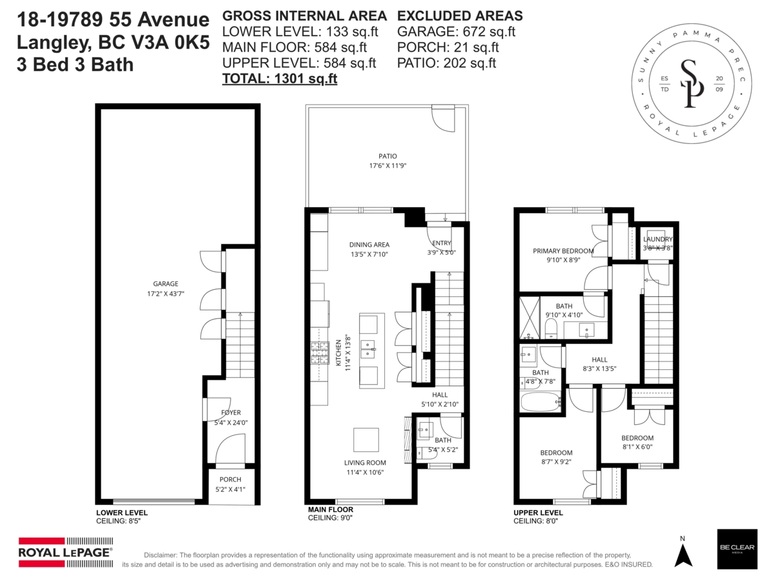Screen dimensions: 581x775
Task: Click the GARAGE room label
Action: pyautogui.click(x=165, y=283)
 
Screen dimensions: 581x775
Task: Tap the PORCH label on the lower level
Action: pyautogui.click(x=230, y=480)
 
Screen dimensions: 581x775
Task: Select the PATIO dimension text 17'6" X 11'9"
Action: pyautogui.click(x=387, y=166)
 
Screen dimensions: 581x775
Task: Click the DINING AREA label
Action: pyautogui.click(x=369, y=245)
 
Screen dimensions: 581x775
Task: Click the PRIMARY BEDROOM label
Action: pyautogui.click(x=563, y=251)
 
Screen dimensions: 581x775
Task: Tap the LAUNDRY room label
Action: pyautogui.click(x=657, y=240)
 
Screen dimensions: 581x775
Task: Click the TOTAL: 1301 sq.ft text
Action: pyautogui.click(x=280, y=79)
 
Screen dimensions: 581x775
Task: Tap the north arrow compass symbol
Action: pyautogui.click(x=683, y=553)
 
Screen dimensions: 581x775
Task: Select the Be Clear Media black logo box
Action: pyautogui.click(x=736, y=549)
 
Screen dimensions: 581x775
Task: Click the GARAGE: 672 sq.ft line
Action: pyautogui.click(x=456, y=31)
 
